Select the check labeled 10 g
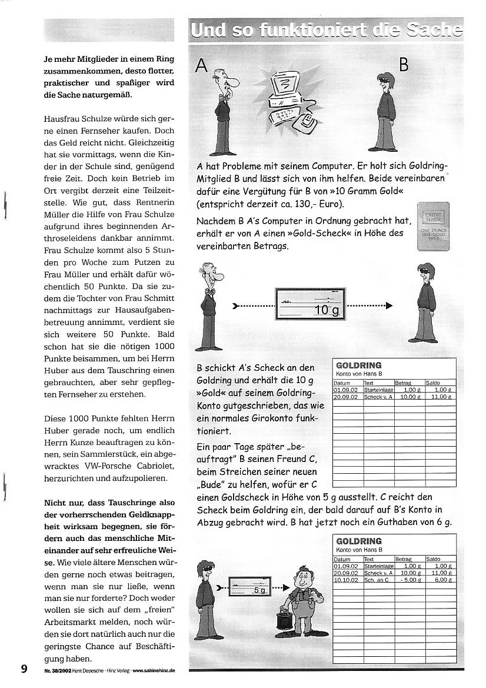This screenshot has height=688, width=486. coord(311,303)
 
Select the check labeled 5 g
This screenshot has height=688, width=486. coord(248,586)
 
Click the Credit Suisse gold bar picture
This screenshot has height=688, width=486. coord(432,226)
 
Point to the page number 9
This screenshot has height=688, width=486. coord(24,669)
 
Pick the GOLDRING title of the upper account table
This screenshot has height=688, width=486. coord(358,365)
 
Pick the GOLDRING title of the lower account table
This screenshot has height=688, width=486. coord(358,541)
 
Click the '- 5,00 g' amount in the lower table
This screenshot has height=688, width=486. coord(408,579)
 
